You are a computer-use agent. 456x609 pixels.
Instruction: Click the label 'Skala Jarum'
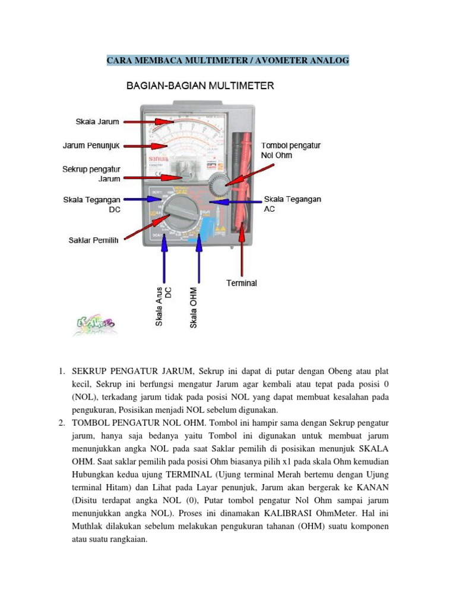(97, 121)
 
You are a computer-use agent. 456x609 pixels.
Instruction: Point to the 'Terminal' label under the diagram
(242, 283)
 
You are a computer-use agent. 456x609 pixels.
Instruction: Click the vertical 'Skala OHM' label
(194, 307)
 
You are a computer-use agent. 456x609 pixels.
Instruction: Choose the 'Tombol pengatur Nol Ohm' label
(290, 150)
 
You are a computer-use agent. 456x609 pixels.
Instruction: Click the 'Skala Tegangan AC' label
(292, 204)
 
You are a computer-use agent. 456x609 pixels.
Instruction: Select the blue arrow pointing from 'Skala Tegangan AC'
(237, 202)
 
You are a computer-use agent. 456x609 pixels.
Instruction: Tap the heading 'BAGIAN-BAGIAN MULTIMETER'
(200, 86)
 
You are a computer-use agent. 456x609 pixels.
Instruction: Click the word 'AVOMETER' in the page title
(286, 60)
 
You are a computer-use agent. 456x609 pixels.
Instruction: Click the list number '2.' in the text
(62, 423)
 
